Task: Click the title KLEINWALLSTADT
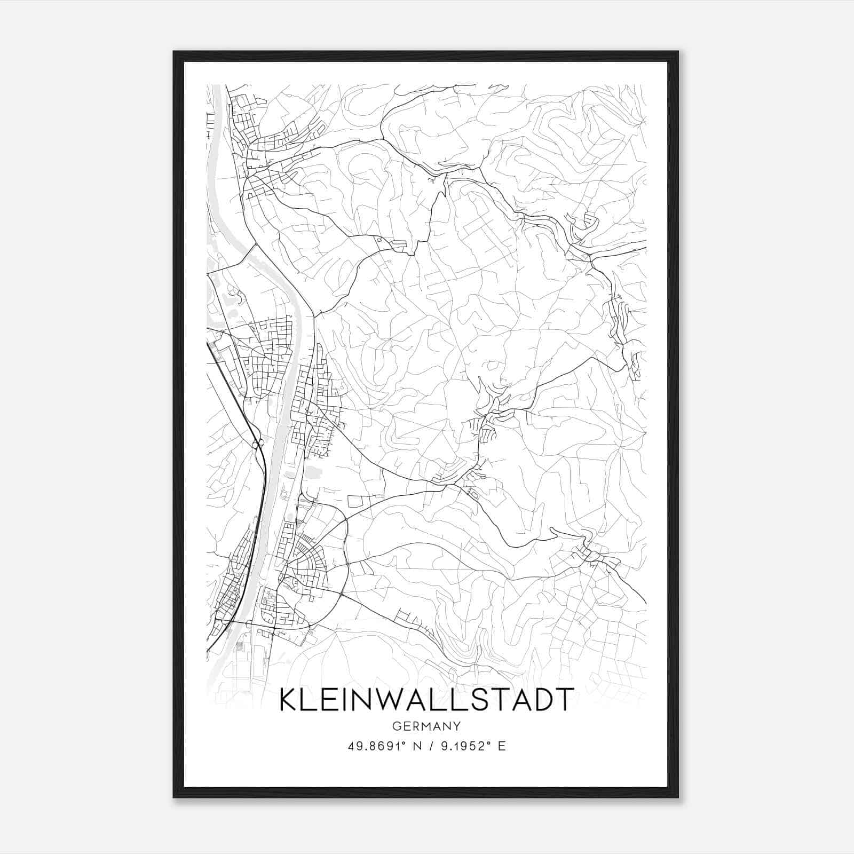pos(426,700)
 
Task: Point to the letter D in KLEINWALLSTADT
pos(539,700)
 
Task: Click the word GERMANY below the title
pos(426,726)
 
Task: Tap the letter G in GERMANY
pos(396,726)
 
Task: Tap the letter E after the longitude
pos(501,746)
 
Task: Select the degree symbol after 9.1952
pos(487,743)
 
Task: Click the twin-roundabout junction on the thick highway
pos(257,444)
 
